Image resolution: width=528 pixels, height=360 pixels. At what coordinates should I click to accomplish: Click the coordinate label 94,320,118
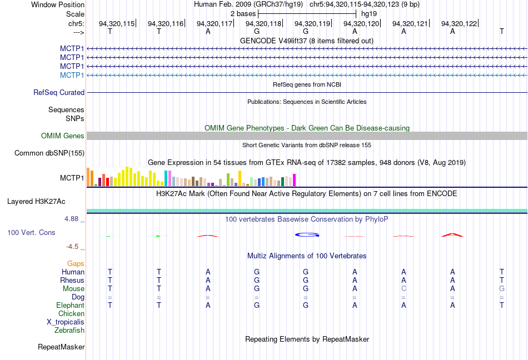click(x=263, y=23)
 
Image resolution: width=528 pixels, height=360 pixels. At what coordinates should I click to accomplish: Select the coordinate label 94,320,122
click(x=459, y=23)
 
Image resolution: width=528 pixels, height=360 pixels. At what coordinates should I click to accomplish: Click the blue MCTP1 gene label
click(x=72, y=75)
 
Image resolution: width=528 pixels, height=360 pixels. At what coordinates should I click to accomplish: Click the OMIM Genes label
click(x=63, y=136)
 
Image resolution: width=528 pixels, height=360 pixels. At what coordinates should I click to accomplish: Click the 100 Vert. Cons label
click(x=31, y=232)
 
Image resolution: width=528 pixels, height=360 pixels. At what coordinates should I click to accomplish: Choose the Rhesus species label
click(x=72, y=281)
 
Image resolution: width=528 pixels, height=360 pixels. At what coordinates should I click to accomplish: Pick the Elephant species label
click(x=70, y=306)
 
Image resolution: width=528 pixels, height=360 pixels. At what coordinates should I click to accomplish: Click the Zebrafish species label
click(x=69, y=331)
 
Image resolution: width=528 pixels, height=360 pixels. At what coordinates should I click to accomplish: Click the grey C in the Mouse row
click(x=404, y=289)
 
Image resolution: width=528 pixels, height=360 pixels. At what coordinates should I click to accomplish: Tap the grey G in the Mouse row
click(x=502, y=289)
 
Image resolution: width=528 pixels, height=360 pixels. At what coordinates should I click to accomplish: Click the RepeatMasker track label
click(x=61, y=347)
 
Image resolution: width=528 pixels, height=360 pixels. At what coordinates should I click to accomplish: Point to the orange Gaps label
click(x=76, y=264)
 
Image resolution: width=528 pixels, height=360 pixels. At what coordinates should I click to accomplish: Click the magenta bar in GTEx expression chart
click(x=294, y=180)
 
